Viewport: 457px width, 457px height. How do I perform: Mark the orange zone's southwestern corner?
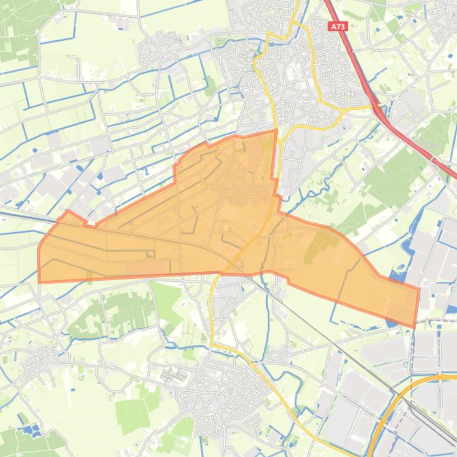40,282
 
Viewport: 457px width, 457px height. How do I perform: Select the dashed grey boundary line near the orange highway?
412,350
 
